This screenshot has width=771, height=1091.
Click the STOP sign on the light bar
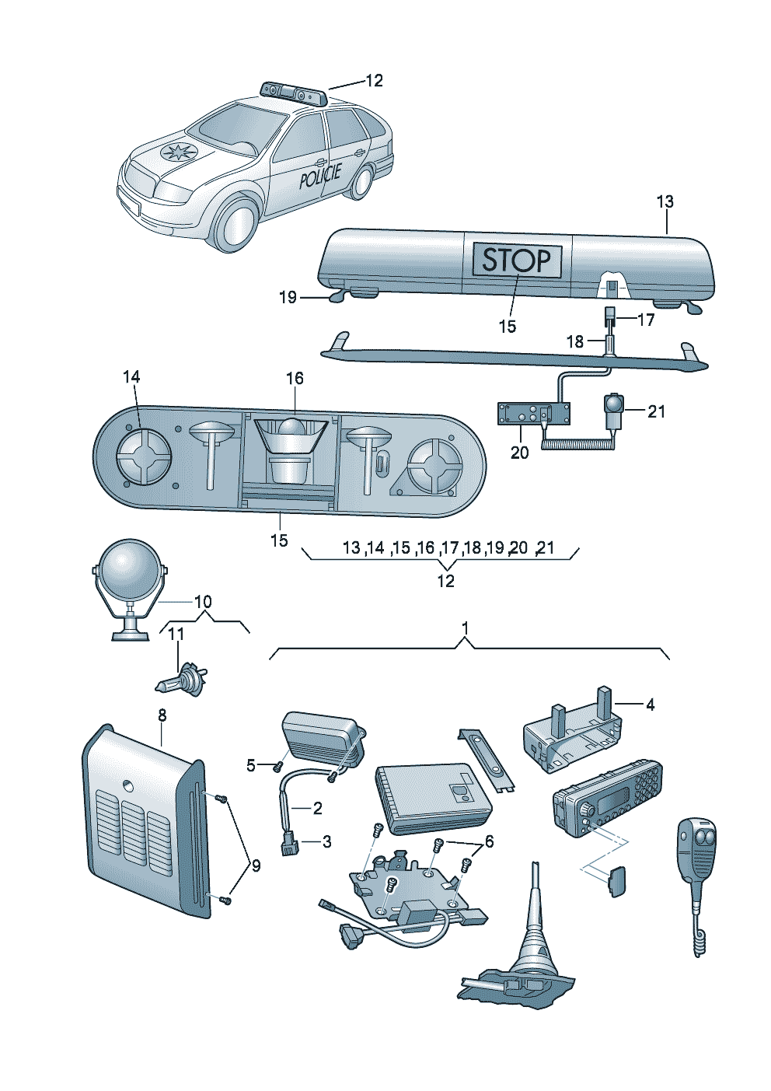(516, 259)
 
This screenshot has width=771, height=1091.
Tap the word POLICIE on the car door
(320, 177)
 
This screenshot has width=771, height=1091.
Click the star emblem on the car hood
(177, 152)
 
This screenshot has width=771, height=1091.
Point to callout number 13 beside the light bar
(665, 202)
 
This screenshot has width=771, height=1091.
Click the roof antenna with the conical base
(535, 941)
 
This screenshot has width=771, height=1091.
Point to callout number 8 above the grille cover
(162, 715)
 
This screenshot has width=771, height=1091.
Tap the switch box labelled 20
(534, 414)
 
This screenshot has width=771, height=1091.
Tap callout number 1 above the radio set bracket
(465, 627)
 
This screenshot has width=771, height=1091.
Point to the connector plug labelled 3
(288, 841)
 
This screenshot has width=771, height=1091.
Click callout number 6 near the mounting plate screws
(489, 841)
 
